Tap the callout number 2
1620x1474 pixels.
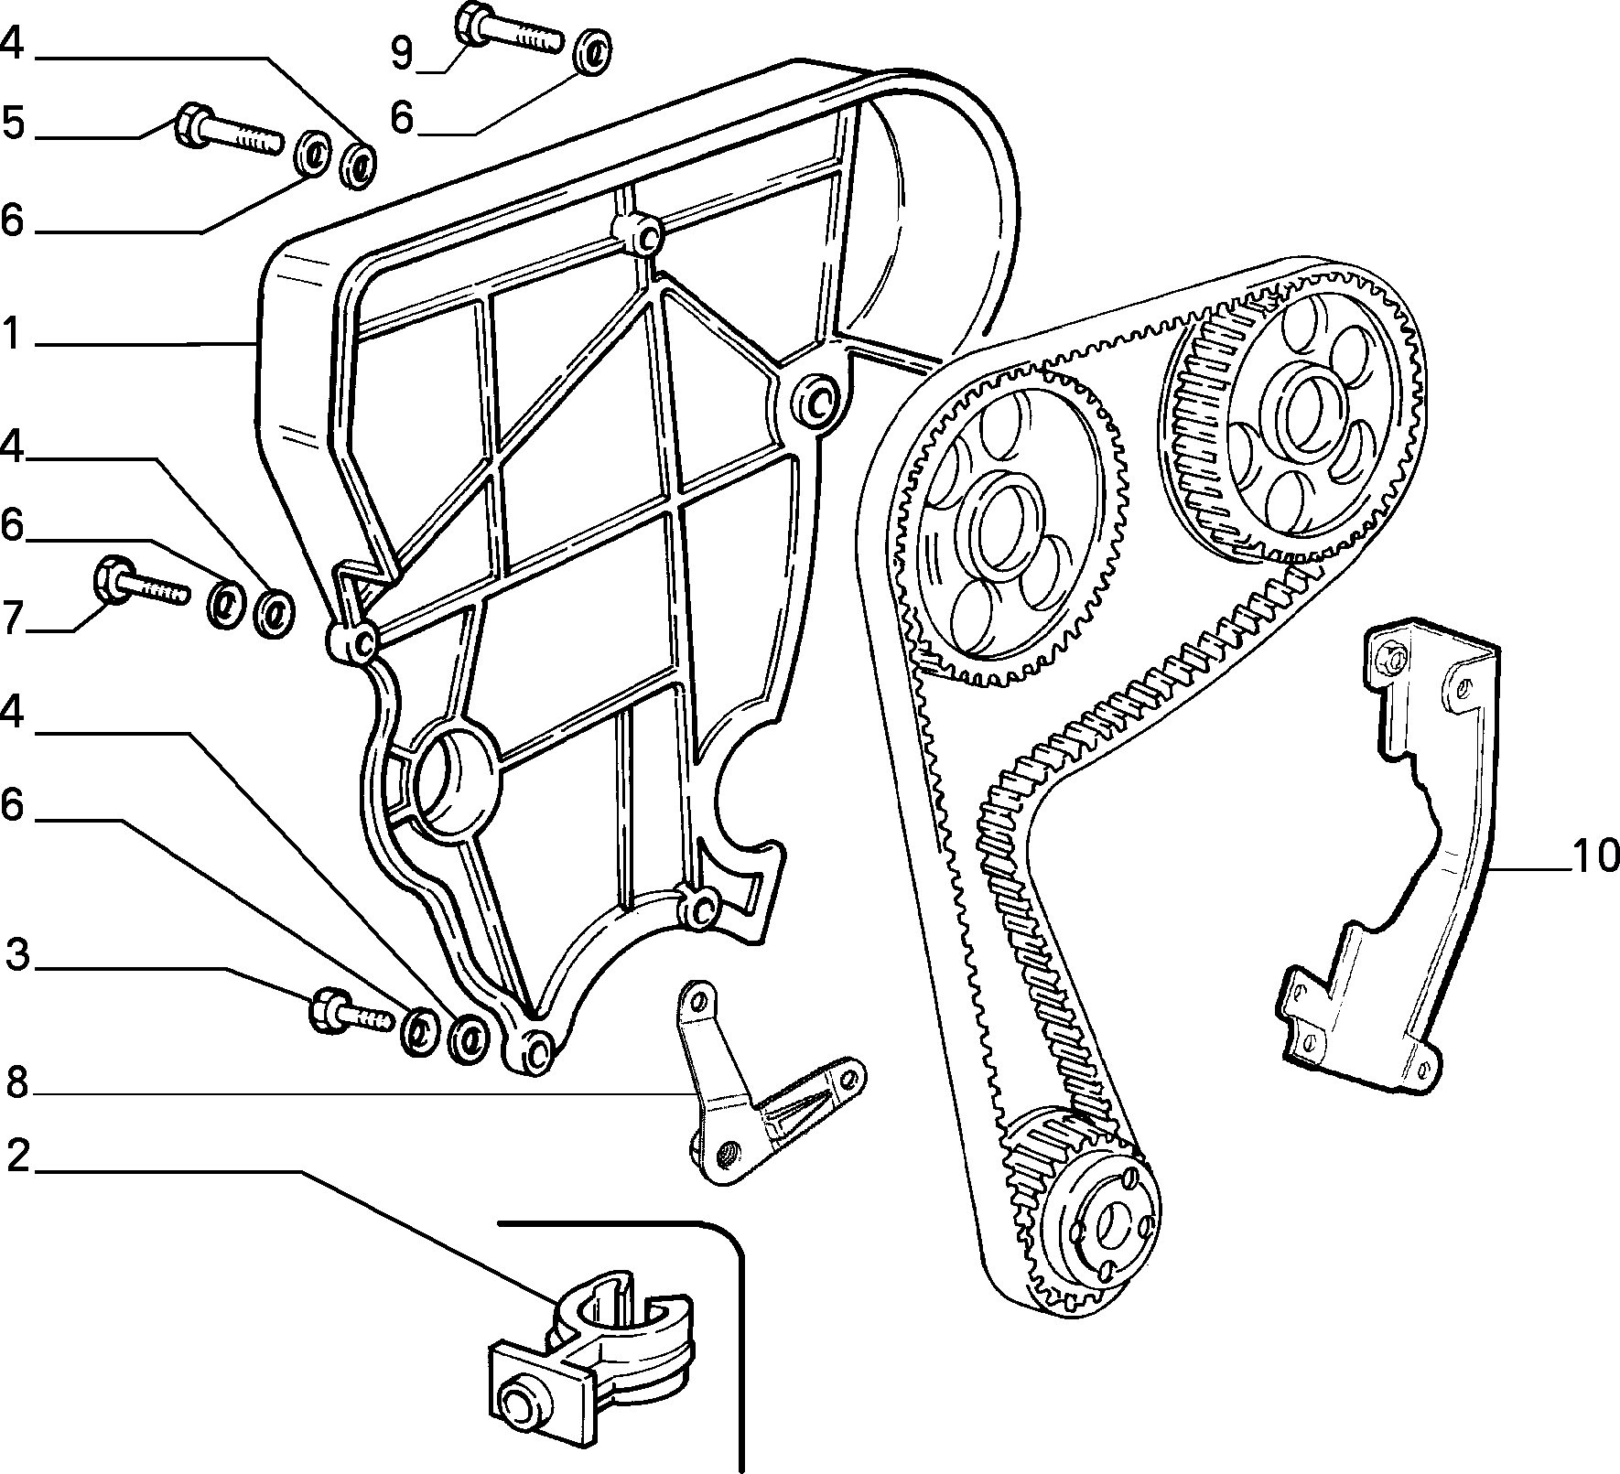pyautogui.click(x=18, y=1157)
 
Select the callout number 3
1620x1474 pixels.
pyautogui.click(x=18, y=955)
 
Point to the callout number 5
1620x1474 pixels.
pyautogui.click(x=14, y=124)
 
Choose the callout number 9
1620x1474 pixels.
pyautogui.click(x=403, y=52)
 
